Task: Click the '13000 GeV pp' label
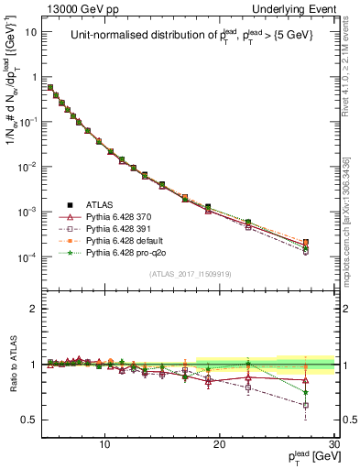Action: point(74,9)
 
